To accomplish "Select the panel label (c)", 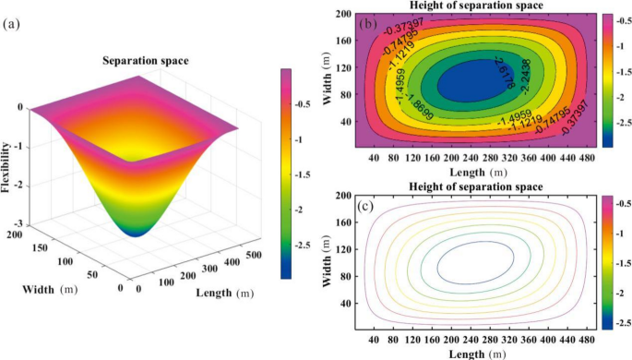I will tap(365, 204).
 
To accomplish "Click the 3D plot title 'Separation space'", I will tap(145, 61).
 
